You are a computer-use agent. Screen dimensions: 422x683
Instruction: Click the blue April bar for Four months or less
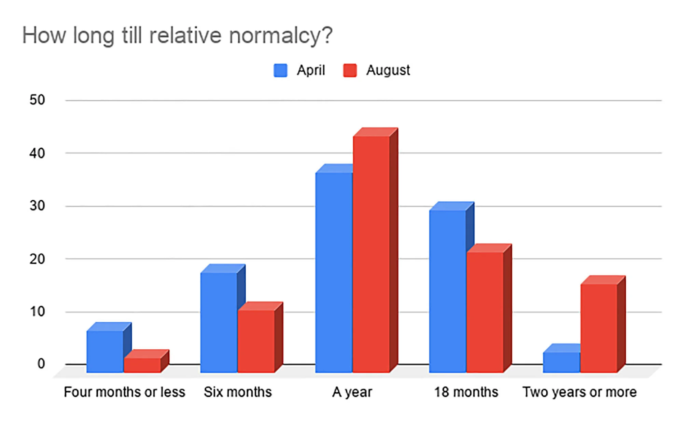(x=105, y=351)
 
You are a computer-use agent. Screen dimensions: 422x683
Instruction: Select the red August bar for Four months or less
(x=142, y=365)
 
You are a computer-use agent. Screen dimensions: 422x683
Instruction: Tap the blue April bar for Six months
(x=219, y=322)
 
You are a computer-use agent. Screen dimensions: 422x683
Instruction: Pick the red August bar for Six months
(x=256, y=341)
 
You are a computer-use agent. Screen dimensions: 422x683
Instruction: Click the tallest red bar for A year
(x=371, y=254)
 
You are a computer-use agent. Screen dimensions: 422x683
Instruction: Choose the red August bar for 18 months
(x=485, y=312)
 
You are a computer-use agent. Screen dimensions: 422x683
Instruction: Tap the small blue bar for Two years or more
(x=561, y=362)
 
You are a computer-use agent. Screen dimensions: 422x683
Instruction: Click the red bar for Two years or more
(x=599, y=328)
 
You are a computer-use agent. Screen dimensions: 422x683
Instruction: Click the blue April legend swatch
(x=280, y=71)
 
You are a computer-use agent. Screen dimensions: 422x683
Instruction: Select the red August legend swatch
(x=350, y=71)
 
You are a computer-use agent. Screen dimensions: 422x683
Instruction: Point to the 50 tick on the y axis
(x=37, y=100)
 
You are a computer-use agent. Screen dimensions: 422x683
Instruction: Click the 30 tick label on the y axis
(x=37, y=206)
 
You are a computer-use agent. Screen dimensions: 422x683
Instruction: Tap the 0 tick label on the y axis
(x=41, y=364)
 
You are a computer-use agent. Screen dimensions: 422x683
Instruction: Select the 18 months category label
(x=466, y=392)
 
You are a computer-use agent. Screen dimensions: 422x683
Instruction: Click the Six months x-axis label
(x=238, y=392)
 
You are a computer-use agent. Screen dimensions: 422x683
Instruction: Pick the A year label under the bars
(x=352, y=392)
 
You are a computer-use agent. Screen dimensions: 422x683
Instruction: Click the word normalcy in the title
(x=280, y=35)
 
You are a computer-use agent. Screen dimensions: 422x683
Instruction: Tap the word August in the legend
(x=388, y=71)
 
